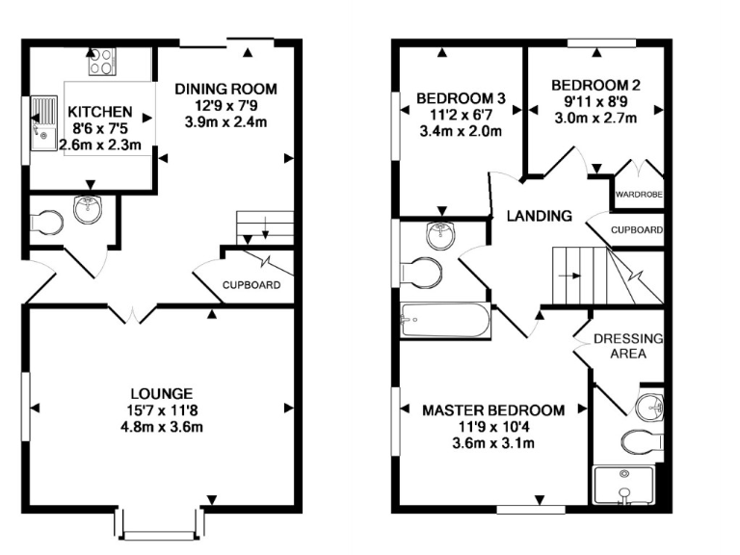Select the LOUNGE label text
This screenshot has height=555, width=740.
pos(162,393)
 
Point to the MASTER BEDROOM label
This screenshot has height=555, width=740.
pos(493,410)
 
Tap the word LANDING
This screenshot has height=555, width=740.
pos(540,216)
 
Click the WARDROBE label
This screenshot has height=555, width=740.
pos(638,196)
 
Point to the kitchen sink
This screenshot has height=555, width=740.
pos(44,124)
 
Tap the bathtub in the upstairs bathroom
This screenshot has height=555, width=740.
pos(444,320)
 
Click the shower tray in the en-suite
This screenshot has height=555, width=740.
pos(627,486)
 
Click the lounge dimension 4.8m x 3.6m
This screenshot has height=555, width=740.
pos(162,427)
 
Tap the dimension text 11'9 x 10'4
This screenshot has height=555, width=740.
pos(493,427)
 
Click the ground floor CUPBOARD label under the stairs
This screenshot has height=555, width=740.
pos(251,285)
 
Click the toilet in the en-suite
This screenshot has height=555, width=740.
pos(643,442)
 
